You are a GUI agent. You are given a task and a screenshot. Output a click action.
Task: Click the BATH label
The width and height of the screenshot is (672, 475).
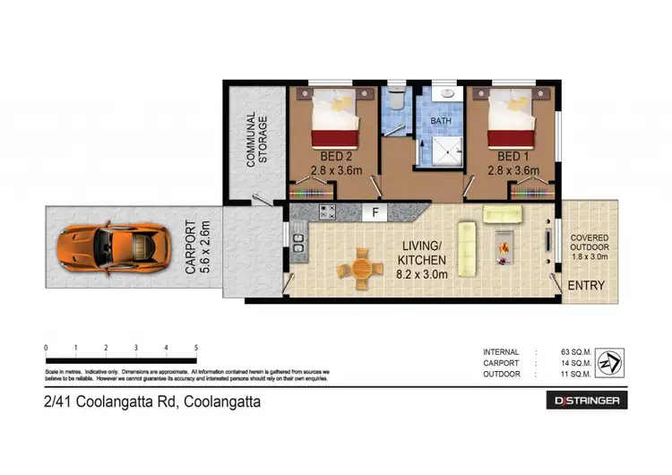441,120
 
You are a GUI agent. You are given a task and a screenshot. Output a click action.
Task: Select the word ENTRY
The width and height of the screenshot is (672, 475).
587,286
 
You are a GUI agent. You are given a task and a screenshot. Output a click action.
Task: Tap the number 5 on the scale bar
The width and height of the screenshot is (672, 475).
195,348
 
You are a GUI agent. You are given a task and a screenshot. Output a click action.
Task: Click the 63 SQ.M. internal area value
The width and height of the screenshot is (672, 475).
572,351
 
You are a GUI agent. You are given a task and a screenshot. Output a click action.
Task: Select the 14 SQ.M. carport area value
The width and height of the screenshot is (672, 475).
572,363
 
